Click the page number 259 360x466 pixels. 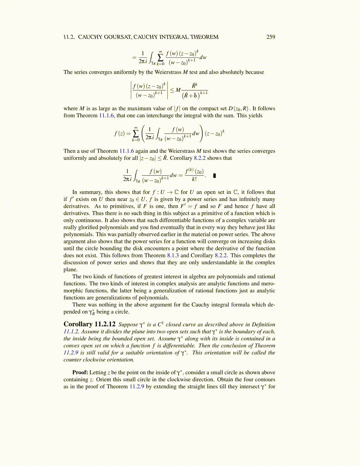[x=271, y=37]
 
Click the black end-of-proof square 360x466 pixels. [x=214, y=176]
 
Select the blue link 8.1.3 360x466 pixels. [x=173, y=255]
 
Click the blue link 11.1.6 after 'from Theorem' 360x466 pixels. [x=106, y=116]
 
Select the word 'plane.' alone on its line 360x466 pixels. [x=71, y=269]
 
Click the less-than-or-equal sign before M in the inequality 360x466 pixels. [x=172, y=90]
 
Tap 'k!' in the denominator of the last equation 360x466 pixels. [x=194, y=179]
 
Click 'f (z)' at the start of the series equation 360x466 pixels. [x=119, y=134]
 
